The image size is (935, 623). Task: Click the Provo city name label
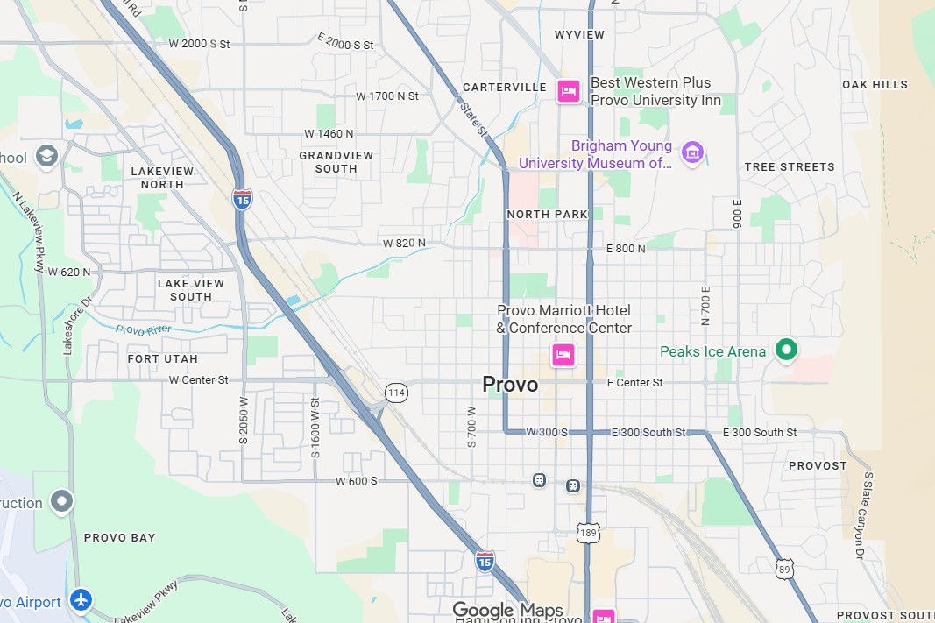(510, 385)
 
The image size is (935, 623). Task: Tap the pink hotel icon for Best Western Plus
(568, 90)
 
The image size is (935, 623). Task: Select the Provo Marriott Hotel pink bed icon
(563, 355)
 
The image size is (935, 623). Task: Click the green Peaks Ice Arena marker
(787, 350)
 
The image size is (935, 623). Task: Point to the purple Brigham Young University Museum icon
(692, 152)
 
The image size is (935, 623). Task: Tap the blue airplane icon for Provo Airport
(81, 601)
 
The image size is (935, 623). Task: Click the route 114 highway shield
(396, 393)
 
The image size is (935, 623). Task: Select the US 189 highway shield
(588, 531)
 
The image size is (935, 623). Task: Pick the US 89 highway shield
(783, 569)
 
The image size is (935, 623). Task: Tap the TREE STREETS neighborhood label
(790, 166)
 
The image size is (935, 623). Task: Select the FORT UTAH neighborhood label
(162, 359)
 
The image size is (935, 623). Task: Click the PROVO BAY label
(119, 537)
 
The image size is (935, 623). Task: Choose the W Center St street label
(198, 380)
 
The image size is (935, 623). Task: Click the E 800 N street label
(626, 249)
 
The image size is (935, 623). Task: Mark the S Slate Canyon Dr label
(864, 516)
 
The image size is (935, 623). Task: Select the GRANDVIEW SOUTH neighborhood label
(336, 162)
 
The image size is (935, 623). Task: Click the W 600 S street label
(356, 481)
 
